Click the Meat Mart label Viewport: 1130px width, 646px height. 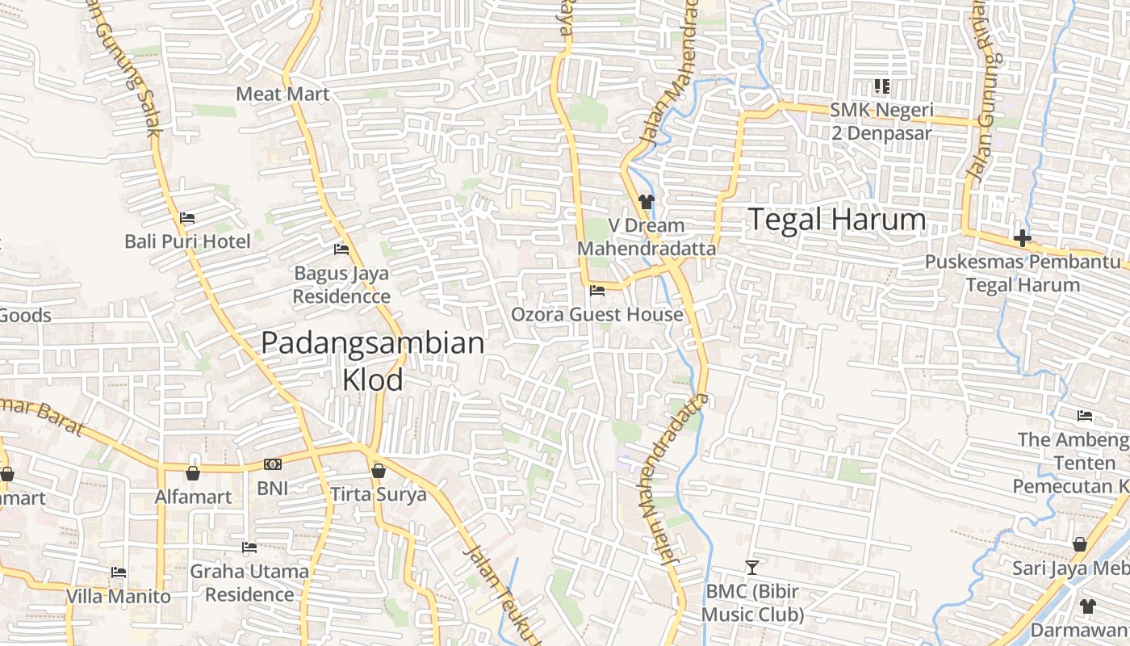point(282,94)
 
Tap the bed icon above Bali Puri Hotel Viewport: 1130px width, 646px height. point(187,218)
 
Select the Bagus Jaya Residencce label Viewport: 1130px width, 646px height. point(341,285)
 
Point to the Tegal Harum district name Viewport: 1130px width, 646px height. point(837,220)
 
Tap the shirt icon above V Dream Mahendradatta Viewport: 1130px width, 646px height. point(646,201)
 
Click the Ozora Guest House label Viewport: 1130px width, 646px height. point(597,314)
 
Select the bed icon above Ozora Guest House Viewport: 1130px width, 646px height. point(597,291)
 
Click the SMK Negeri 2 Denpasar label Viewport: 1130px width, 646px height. point(882,121)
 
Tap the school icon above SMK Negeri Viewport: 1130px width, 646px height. point(881,86)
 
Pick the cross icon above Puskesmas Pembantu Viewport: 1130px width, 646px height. point(1022,238)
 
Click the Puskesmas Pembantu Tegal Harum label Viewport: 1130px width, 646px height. point(1023,273)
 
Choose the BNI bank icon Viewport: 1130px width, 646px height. point(273,464)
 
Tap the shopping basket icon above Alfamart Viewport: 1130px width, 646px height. point(193,472)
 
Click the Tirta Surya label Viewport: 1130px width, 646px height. point(378,494)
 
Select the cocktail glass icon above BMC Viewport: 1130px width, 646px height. point(752,568)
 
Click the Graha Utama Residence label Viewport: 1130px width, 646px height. point(249,583)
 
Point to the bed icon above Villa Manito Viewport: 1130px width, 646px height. point(119,573)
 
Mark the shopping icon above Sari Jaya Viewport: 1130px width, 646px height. point(1079,544)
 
